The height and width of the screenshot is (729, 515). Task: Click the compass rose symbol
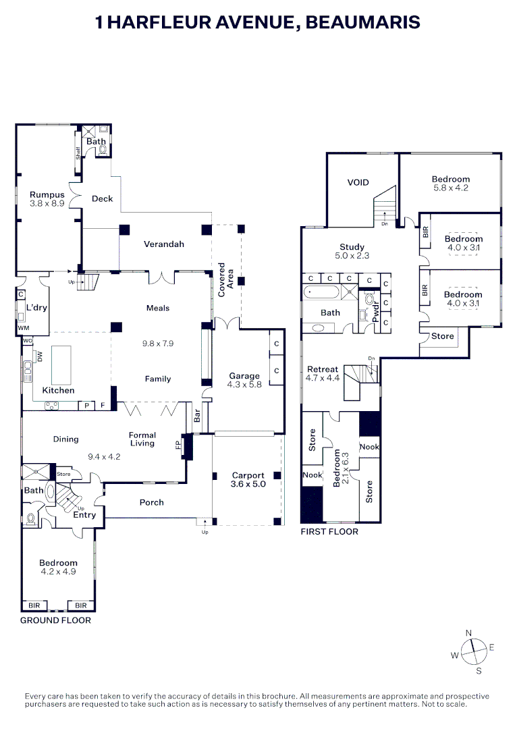(475, 651)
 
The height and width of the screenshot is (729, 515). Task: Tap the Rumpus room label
(47, 195)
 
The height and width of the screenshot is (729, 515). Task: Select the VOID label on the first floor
(358, 182)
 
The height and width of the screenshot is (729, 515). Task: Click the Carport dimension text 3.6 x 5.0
(248, 484)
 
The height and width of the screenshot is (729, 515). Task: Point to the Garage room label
(244, 376)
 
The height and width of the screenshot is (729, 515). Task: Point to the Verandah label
(163, 244)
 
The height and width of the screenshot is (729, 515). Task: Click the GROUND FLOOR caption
(55, 620)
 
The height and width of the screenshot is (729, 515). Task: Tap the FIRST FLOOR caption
(329, 532)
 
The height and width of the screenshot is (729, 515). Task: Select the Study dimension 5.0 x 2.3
(352, 256)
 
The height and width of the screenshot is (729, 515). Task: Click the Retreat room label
(322, 369)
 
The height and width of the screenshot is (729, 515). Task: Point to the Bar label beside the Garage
(197, 417)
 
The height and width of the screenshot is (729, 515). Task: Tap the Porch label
(151, 502)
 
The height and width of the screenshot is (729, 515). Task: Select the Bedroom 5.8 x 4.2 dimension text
(450, 188)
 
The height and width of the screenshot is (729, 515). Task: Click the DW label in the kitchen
(40, 356)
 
